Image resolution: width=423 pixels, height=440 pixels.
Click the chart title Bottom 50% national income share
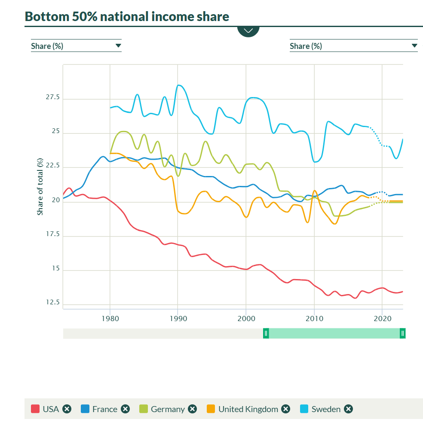coord(127,17)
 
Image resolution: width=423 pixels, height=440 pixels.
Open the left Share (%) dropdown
coord(76,46)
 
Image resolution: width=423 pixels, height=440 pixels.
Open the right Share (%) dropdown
coord(353,46)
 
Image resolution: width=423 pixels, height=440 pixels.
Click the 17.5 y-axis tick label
coord(52,235)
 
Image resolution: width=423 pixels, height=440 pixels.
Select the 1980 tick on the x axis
coord(110,319)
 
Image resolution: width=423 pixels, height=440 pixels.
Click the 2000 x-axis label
coord(246,319)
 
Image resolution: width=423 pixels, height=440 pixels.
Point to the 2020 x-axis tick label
coord(382,319)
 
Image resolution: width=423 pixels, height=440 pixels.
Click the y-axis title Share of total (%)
coord(40,187)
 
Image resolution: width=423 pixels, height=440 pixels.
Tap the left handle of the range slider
coord(266,333)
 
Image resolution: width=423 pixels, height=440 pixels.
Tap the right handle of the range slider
coord(402,333)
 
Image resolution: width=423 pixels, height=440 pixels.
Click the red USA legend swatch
coord(35,409)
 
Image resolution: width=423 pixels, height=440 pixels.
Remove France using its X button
coord(125,409)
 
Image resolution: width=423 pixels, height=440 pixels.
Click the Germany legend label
coord(168,409)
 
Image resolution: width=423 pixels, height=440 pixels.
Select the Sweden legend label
coord(326,409)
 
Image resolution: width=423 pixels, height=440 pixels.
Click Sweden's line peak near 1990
coord(179,85)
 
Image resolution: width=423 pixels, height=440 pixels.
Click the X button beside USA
coord(67,409)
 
